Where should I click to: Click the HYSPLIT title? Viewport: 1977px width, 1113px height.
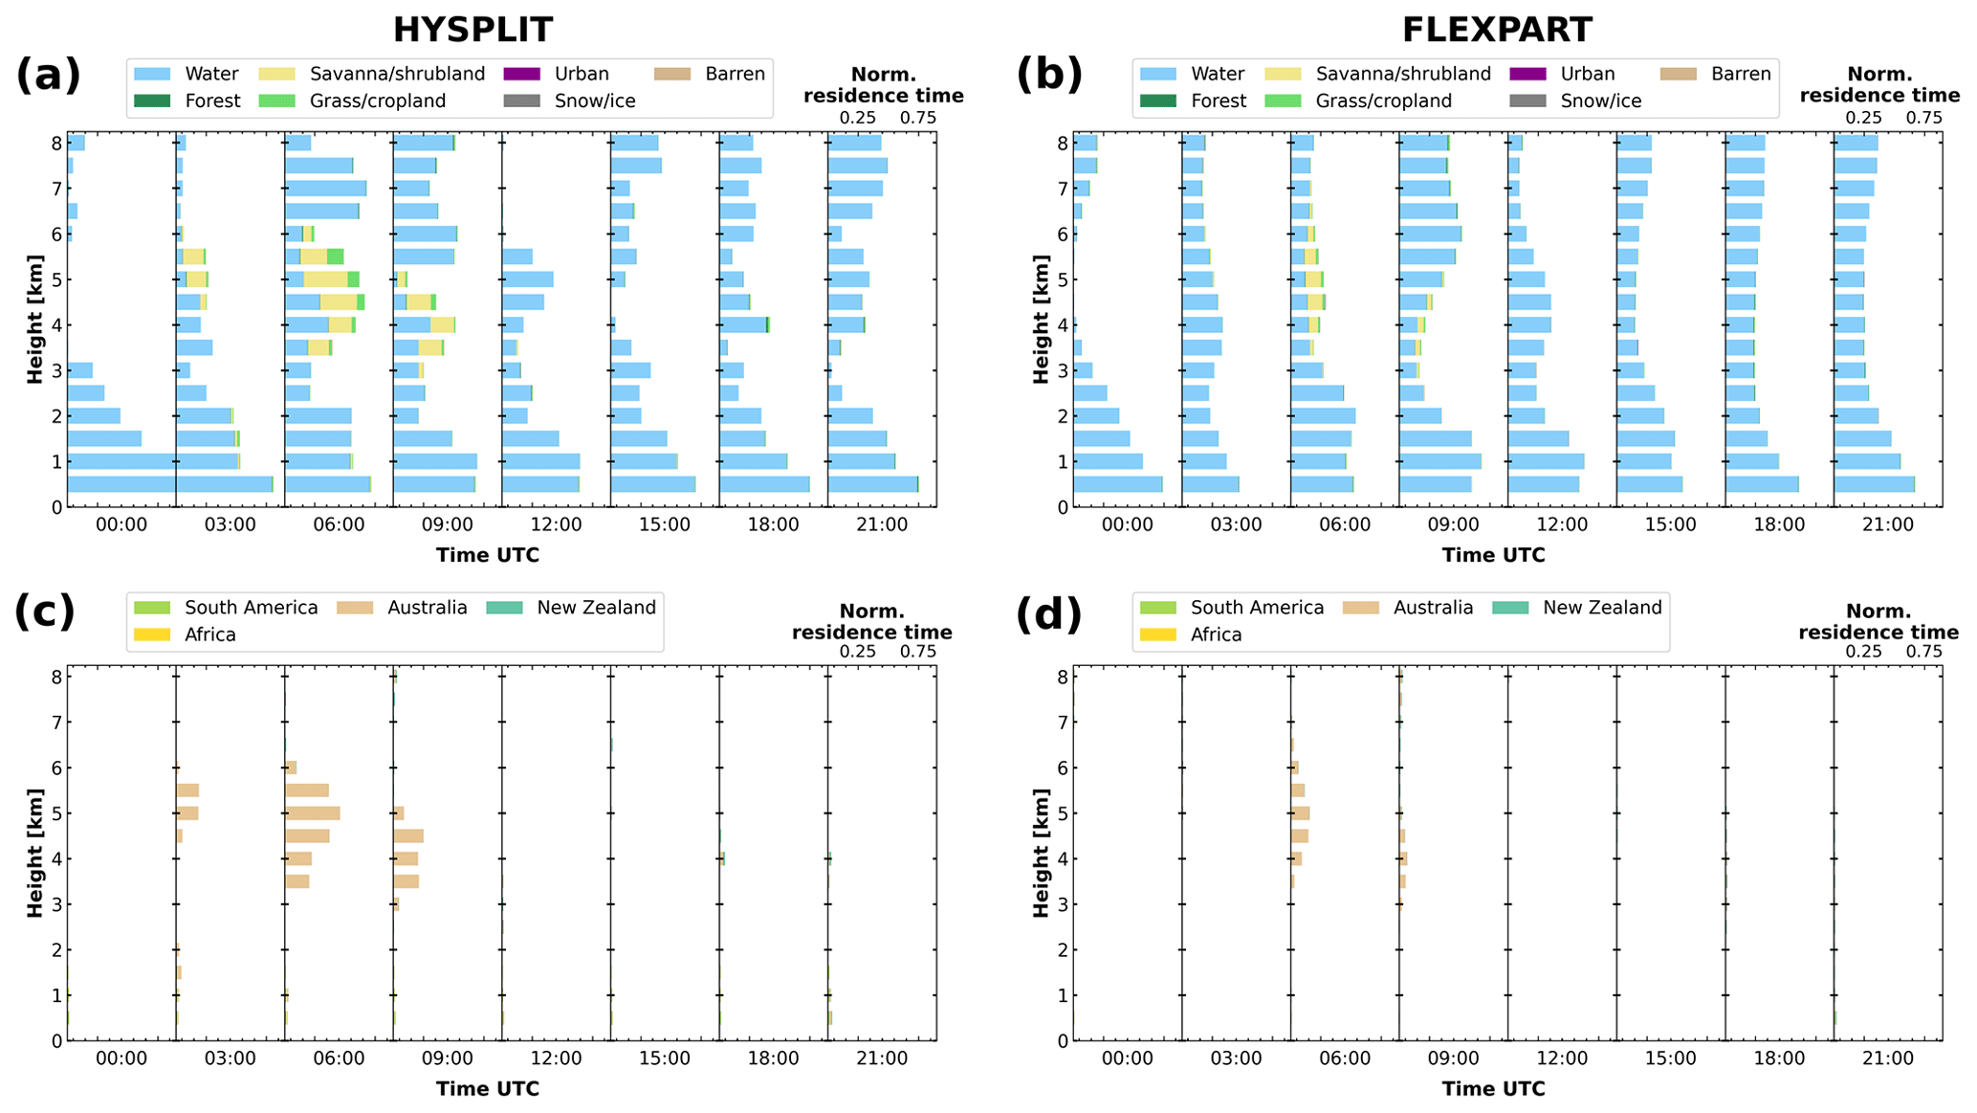tap(472, 30)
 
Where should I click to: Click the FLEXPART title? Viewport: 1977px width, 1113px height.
tap(1497, 30)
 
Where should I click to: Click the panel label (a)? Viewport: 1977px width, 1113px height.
tap(48, 75)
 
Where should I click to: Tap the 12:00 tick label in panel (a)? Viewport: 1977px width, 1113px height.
tap(556, 524)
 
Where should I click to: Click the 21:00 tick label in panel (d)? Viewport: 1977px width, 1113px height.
tap(1888, 1058)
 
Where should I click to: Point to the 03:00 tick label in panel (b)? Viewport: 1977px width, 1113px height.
tap(1236, 524)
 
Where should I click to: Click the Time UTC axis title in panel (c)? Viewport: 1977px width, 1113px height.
tap(488, 1089)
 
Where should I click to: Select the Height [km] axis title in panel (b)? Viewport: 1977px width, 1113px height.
tap(1041, 320)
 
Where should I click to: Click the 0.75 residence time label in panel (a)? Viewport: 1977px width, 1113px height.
tap(917, 118)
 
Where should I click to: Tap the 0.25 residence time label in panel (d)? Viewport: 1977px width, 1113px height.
tap(1863, 652)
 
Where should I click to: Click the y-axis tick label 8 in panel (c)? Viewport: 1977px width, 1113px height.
tap(57, 678)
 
